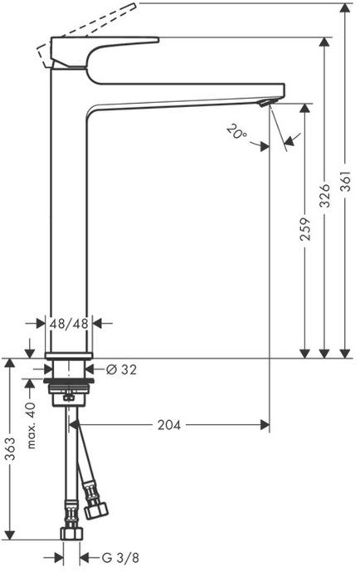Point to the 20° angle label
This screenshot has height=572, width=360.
tap(236, 130)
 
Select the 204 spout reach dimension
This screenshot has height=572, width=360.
tap(169, 425)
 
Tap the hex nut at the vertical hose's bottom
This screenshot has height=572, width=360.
tap(71, 533)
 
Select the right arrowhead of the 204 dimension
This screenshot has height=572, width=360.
tap(265, 425)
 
